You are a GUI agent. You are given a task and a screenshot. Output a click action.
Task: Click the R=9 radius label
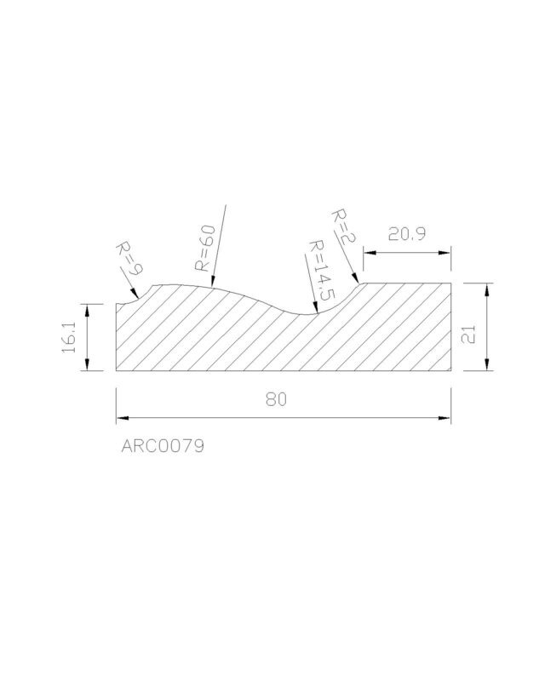click(x=129, y=260)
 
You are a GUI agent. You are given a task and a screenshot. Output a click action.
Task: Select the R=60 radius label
click(x=204, y=248)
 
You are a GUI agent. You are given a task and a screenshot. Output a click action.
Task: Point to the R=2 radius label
click(x=343, y=226)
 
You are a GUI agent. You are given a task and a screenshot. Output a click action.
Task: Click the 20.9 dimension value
click(x=407, y=235)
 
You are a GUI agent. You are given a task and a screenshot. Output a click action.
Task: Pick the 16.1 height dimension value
click(x=69, y=337)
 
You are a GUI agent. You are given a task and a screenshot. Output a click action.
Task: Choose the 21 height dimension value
click(x=468, y=335)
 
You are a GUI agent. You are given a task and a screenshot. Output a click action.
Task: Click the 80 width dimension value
click(x=277, y=399)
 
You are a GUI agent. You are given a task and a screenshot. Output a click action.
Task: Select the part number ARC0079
click(x=163, y=446)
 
